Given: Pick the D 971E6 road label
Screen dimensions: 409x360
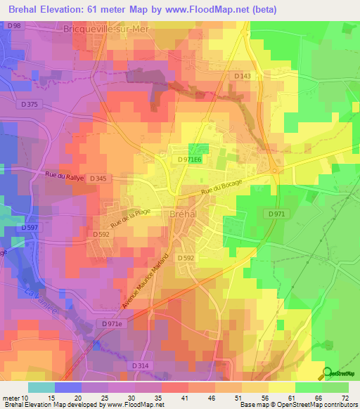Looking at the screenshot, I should coord(190,160).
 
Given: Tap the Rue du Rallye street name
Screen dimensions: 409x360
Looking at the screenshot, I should coord(65,178).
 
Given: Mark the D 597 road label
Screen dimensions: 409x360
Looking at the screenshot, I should coord(29,227).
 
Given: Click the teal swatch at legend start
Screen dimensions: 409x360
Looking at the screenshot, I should coord(41,387).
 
